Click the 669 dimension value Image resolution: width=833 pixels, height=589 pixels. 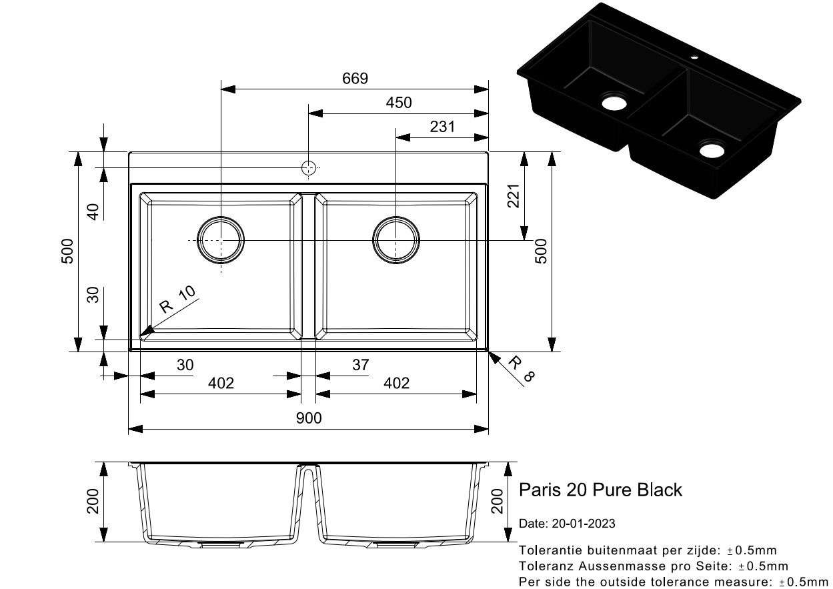[x=355, y=79]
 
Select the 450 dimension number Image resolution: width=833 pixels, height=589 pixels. [x=399, y=103]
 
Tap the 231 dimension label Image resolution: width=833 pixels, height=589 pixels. [x=442, y=127]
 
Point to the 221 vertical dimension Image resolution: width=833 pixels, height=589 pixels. [x=513, y=196]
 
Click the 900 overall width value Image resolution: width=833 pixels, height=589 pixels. [x=309, y=418]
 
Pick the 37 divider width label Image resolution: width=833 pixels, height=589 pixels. [x=360, y=365]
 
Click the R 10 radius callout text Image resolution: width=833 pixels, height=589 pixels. [x=177, y=299]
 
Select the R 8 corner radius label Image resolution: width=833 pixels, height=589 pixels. [x=521, y=368]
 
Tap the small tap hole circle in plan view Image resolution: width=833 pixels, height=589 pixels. [x=308, y=168]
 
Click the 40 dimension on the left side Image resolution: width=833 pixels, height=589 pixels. [x=93, y=212]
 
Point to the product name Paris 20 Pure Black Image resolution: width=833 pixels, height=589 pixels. [x=600, y=490]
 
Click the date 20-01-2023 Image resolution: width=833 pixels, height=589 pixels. [x=584, y=524]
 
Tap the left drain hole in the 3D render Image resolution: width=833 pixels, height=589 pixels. [x=614, y=103]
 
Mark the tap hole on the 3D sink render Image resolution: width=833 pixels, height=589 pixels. [x=694, y=57]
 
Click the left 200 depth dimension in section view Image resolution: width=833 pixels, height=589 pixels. [x=93, y=501]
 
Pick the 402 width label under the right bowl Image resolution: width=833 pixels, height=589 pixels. [x=396, y=384]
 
